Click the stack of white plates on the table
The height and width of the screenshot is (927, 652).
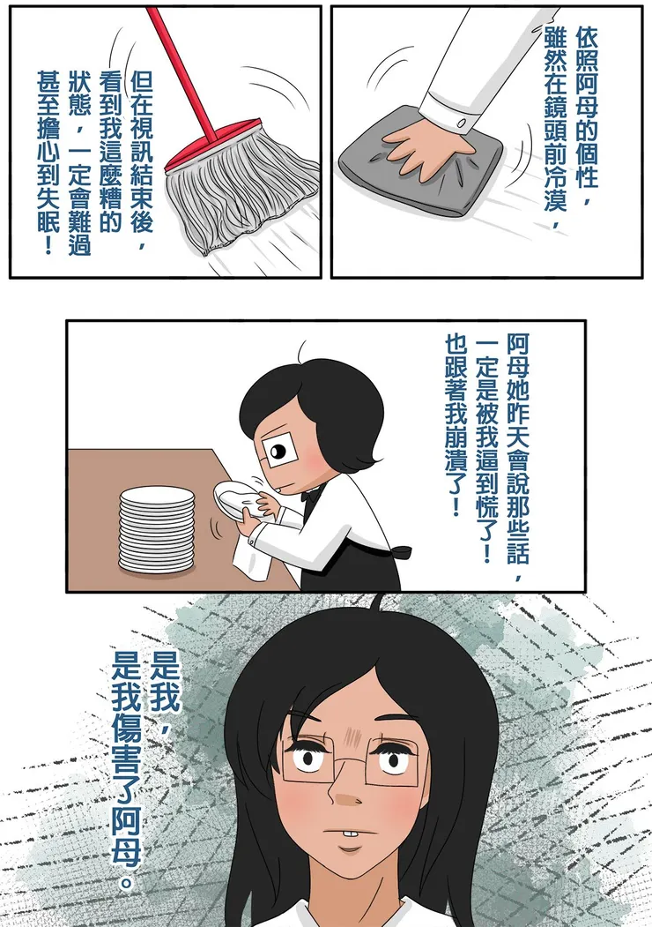[157, 529]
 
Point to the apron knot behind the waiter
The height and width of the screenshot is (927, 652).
[401, 553]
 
